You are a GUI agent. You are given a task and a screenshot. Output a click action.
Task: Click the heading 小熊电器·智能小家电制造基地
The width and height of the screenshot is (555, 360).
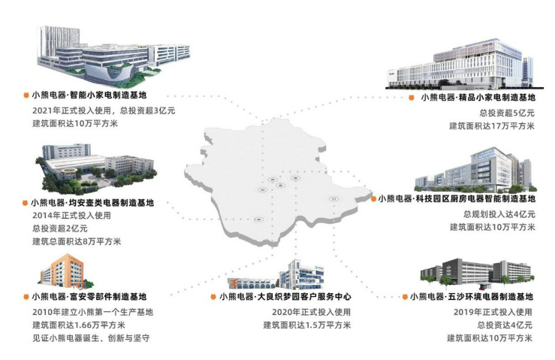[x=89, y=95]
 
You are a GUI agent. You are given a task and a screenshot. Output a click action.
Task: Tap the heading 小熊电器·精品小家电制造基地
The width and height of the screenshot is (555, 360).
[x=478, y=98]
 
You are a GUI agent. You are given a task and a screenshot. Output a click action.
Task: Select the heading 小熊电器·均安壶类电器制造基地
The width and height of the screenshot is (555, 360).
[x=92, y=203]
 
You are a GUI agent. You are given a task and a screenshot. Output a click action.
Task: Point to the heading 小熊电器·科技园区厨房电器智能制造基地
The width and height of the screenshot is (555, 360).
[x=457, y=198]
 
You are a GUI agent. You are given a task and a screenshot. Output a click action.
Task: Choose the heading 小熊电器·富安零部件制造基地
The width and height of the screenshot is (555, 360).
[x=89, y=297]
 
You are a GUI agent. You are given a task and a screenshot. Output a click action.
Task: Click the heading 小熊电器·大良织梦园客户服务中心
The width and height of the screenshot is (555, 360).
[x=285, y=297]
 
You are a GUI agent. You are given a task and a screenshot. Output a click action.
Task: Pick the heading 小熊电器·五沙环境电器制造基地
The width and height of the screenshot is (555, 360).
[x=472, y=297]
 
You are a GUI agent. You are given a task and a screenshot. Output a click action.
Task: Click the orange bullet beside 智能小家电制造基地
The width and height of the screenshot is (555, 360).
[x=26, y=95]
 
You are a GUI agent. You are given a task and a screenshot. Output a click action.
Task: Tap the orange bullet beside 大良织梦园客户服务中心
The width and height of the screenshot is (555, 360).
[x=213, y=297]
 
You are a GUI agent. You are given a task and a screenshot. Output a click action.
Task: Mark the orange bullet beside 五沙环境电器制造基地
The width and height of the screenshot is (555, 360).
[x=405, y=297]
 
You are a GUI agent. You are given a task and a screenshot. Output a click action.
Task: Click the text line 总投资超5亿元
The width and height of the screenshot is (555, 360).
[x=507, y=113]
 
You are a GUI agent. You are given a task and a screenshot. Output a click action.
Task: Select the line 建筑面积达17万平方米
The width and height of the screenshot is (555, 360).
[x=492, y=126]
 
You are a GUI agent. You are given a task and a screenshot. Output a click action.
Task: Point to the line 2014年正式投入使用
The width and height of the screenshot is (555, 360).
[x=71, y=216]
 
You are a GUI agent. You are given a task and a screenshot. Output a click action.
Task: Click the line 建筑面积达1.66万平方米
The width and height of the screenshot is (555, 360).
[x=79, y=325]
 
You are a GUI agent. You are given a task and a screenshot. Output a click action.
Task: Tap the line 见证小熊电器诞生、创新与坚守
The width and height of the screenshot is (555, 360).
[x=91, y=338]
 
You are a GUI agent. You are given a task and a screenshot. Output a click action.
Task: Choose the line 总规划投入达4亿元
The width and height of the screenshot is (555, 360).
[x=499, y=214]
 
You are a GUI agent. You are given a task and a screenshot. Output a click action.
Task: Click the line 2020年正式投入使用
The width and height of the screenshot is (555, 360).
[x=311, y=312]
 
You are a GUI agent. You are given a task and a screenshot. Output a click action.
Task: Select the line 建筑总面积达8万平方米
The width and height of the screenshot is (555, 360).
[x=77, y=242]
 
